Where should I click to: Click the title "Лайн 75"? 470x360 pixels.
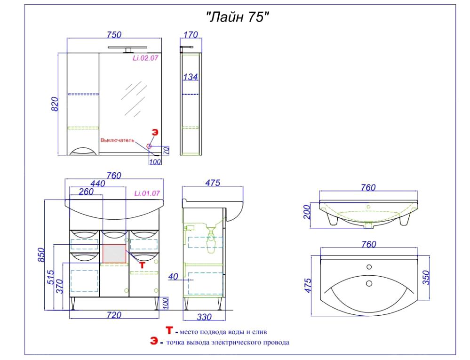coord(237,17)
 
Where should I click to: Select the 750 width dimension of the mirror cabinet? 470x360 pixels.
coord(114,35)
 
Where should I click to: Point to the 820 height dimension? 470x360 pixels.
coord(55,104)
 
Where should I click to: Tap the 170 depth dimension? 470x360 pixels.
coord(191,35)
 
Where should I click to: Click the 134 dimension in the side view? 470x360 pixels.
coord(191,77)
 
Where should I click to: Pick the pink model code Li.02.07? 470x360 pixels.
coord(145,58)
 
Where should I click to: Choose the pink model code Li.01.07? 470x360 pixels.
coord(147,193)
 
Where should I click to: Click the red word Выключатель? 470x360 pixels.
coord(117,140)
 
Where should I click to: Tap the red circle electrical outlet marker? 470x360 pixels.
coord(149,146)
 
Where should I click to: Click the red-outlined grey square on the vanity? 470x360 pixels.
coord(114,254)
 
